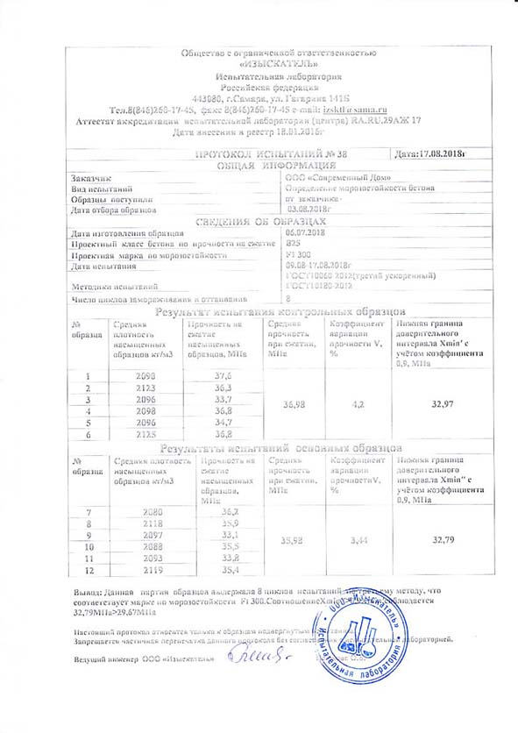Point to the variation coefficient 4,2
pyautogui.click(x=349, y=404)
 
